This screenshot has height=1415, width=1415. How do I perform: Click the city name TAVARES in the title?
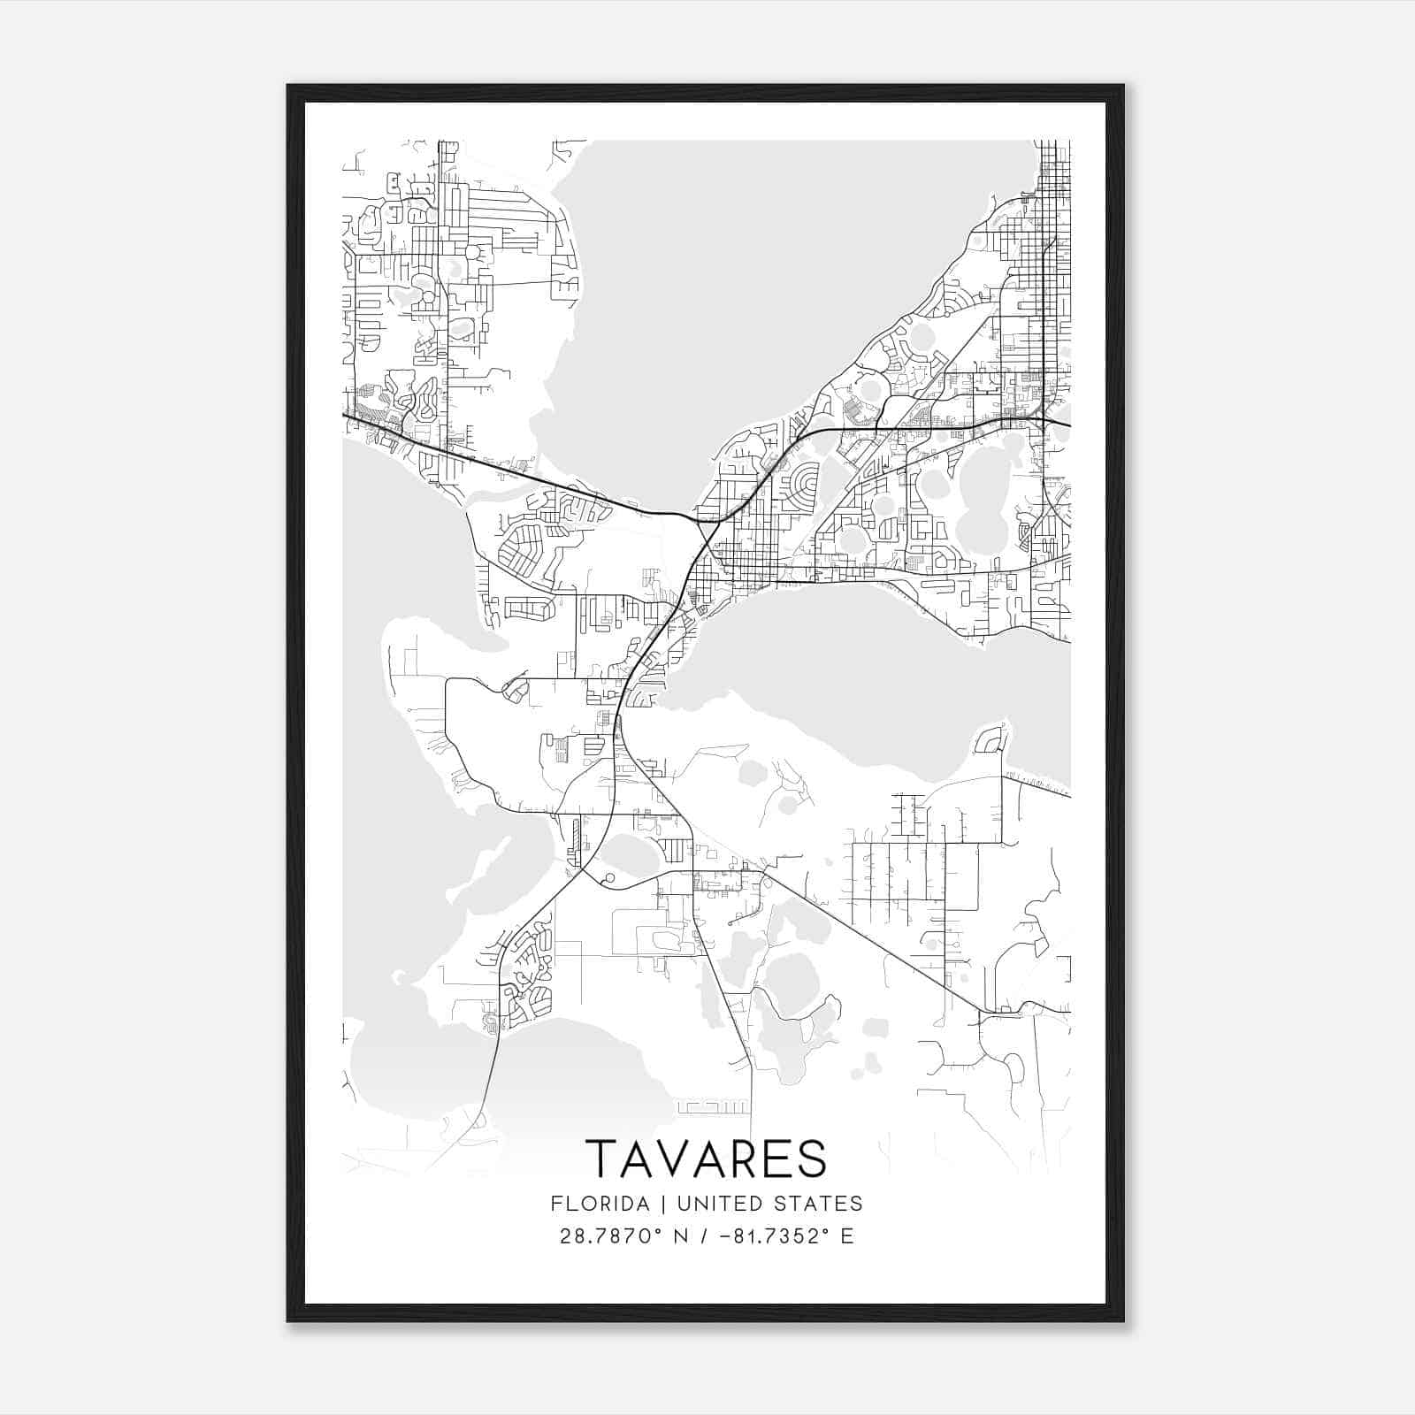(x=707, y=1159)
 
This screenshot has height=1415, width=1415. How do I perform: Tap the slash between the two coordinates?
(x=703, y=1236)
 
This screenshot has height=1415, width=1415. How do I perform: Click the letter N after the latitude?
(x=680, y=1236)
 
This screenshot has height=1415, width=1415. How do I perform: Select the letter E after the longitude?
(x=847, y=1236)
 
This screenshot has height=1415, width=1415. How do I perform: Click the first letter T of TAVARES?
(x=601, y=1159)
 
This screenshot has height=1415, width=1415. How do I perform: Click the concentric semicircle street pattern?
(x=804, y=485)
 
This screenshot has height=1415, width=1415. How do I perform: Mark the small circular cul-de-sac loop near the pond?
(x=608, y=879)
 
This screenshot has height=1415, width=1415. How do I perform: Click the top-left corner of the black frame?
(x=288, y=86)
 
